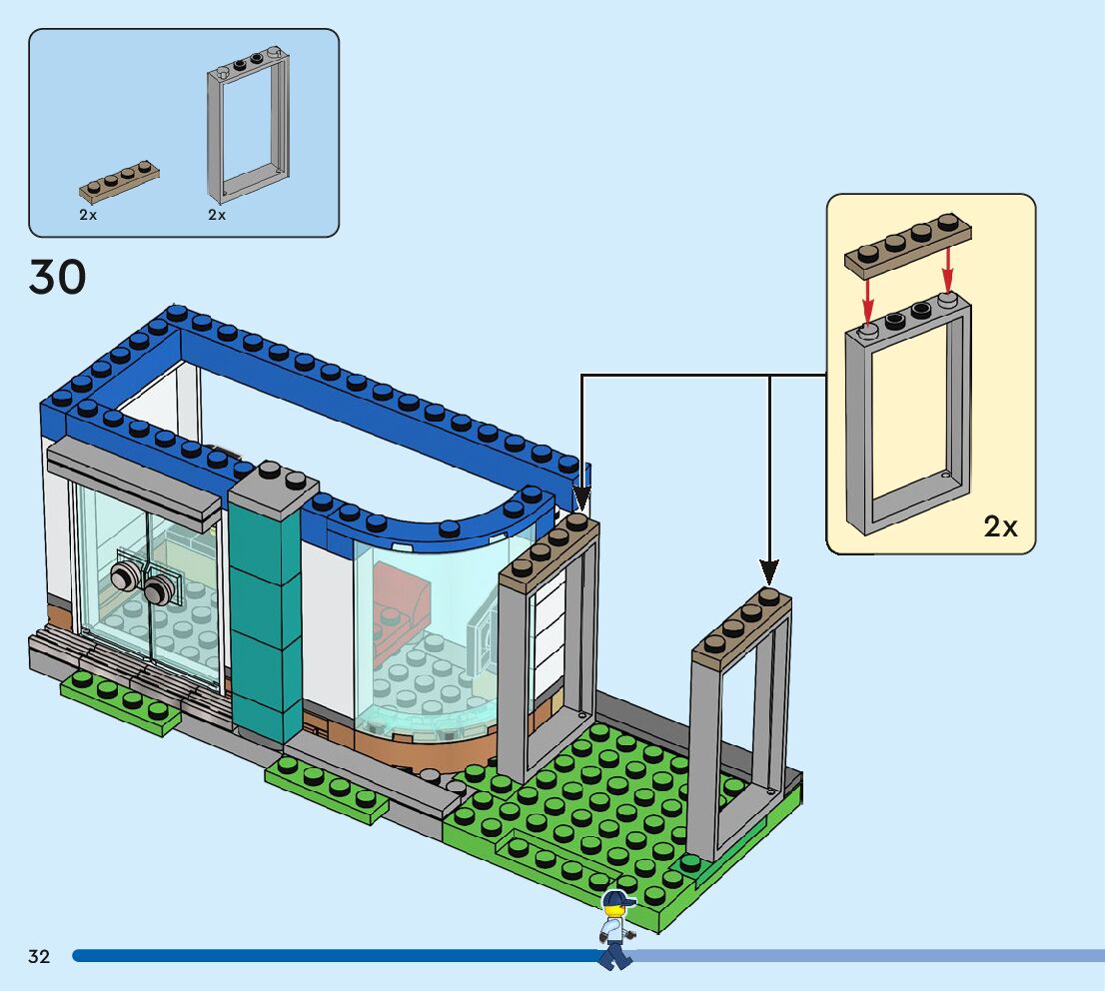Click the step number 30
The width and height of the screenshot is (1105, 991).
[x=58, y=277]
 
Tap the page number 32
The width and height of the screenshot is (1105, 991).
[x=39, y=956]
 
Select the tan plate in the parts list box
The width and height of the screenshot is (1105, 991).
[x=120, y=181]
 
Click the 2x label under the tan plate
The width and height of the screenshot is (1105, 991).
[x=89, y=215]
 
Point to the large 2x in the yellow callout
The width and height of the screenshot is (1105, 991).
[x=1000, y=526]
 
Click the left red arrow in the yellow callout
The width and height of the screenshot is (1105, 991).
[x=869, y=294]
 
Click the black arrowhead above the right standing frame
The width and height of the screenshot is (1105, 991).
[x=769, y=570]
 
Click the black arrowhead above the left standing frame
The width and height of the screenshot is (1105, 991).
[x=580, y=496]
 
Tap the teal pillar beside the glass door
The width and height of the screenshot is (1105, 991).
[x=265, y=619]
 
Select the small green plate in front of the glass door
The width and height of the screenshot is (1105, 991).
[x=120, y=700]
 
